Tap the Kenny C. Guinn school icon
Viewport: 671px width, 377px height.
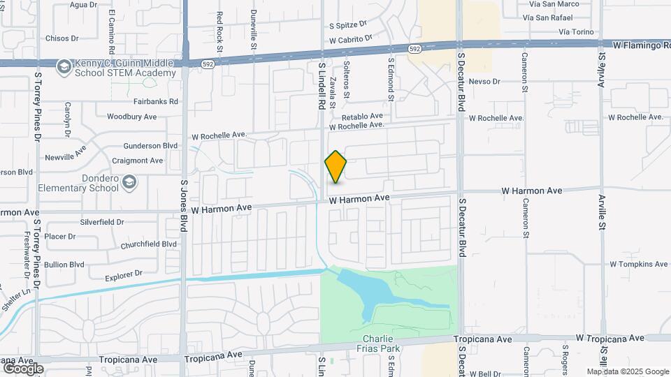coord(64,66)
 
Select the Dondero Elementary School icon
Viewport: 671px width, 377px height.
coord(129,182)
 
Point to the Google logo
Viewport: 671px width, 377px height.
coord(22,368)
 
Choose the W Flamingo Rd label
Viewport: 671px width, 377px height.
coord(641,45)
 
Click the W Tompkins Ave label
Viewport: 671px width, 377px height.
coord(639,265)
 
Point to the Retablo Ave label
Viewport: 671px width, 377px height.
coord(363,116)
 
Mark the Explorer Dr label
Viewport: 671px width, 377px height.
coord(124,274)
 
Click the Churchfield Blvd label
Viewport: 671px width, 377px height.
coord(149,244)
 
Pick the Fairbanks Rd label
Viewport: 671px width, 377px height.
coord(156,101)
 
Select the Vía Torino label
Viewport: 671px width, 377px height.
coord(576,32)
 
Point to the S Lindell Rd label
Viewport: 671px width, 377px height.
coord(322,86)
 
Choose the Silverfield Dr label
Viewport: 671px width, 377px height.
coord(102,222)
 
